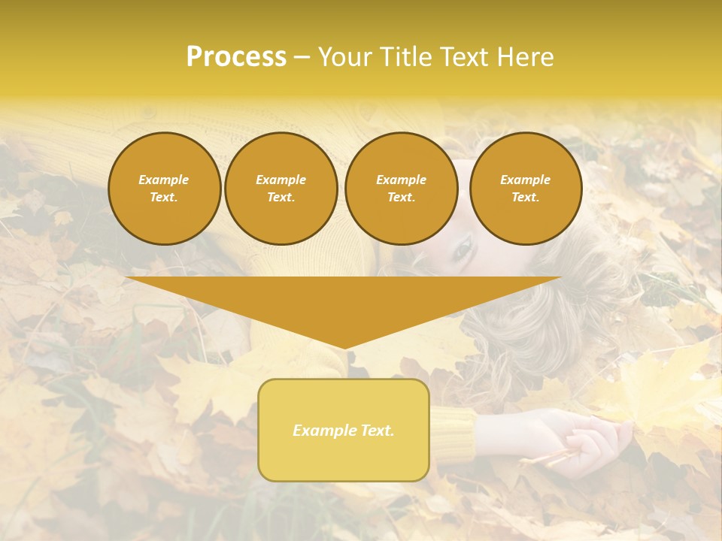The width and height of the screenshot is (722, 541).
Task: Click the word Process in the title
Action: click(236, 57)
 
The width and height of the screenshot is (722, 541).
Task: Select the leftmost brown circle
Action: click(165, 189)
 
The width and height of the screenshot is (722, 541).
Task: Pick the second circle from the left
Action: click(281, 189)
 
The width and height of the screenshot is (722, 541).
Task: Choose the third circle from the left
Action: click(402, 189)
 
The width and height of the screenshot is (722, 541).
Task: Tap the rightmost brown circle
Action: click(526, 189)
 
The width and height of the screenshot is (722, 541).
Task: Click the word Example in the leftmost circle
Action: click(164, 180)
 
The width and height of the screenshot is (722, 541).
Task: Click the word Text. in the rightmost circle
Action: click(526, 198)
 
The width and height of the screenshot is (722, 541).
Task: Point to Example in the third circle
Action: click(402, 180)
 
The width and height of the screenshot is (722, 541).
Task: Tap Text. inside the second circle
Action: click(281, 198)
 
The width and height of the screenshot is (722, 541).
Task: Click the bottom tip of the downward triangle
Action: click(344, 347)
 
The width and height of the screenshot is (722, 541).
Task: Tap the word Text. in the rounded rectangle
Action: click(377, 431)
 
